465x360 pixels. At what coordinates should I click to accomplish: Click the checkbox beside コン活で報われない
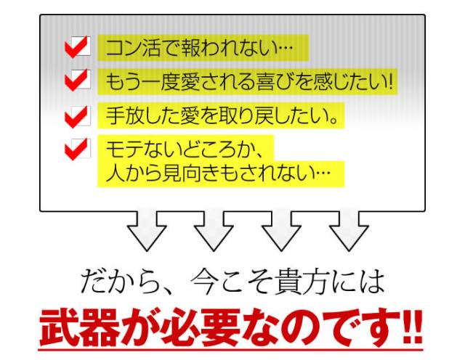(78, 46)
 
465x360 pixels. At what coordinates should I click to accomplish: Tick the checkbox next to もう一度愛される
(78, 80)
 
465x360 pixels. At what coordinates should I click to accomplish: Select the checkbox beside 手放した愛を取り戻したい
(78, 116)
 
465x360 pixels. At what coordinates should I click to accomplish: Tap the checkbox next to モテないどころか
(78, 149)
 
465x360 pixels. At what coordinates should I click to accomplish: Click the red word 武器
(79, 328)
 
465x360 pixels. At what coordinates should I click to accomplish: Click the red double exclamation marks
(413, 327)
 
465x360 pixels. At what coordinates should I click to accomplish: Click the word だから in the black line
(118, 282)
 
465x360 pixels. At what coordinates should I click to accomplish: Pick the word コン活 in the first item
(134, 48)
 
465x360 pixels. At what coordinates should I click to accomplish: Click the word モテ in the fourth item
(124, 149)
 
